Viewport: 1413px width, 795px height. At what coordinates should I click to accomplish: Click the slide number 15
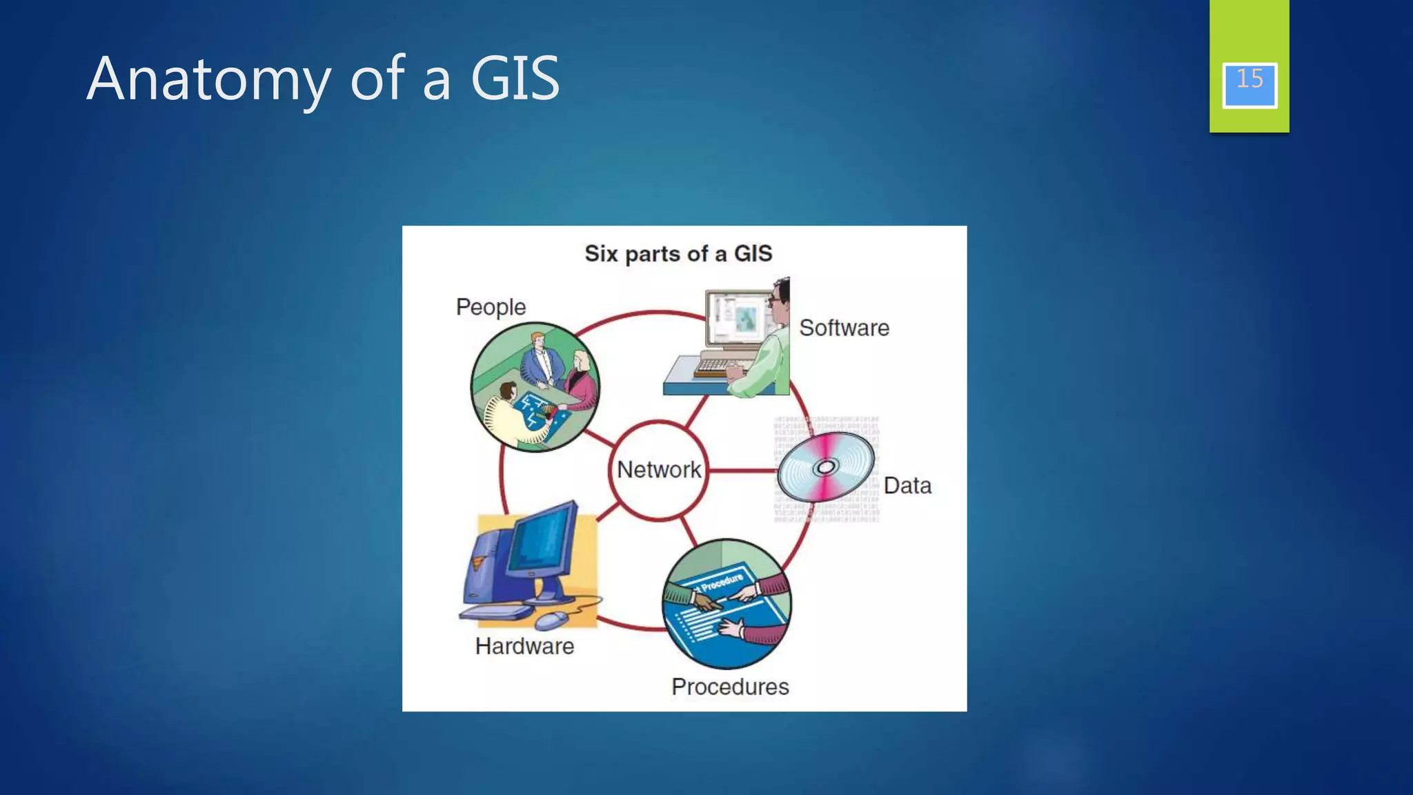pos(1249,79)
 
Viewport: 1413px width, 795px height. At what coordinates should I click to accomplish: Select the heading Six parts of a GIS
pos(678,254)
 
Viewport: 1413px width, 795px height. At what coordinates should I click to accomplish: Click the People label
pos(491,307)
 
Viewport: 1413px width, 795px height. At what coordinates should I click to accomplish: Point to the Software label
pos(844,328)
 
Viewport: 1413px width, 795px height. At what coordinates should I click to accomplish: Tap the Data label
pos(907,486)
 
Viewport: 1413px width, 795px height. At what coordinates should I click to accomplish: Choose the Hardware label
pos(524,647)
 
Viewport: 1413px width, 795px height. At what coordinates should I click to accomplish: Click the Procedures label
pos(730,687)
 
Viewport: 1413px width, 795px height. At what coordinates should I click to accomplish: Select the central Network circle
pos(658,470)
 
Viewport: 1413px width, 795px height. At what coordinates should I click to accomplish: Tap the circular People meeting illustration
pos(535,386)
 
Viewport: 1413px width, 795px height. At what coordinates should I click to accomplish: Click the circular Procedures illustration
pos(727,604)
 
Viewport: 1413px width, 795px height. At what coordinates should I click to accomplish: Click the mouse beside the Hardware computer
pos(552,620)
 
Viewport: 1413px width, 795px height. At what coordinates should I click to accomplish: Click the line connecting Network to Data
pos(742,471)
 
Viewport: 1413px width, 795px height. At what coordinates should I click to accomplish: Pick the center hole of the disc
pos(825,468)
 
